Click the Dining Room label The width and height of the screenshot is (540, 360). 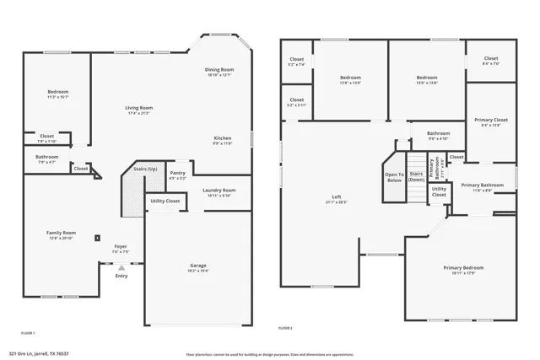(219, 69)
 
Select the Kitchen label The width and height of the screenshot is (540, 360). (222, 137)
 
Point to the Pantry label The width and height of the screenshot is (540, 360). (177, 173)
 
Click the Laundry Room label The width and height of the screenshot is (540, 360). (219, 190)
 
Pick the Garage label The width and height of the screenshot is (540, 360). (197, 266)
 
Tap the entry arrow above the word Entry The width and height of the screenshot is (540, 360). (121, 267)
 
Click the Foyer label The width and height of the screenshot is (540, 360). (121, 246)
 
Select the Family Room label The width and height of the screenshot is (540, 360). (61, 233)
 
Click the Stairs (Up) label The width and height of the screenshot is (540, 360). (145, 169)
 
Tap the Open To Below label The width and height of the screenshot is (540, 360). (394, 177)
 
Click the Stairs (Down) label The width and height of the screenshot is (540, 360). (416, 176)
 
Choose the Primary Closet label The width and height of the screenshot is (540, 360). (490, 120)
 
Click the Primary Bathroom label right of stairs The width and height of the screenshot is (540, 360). (482, 185)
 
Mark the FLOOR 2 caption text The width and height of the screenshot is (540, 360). (285, 327)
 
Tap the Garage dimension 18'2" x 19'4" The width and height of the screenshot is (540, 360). (197, 271)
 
